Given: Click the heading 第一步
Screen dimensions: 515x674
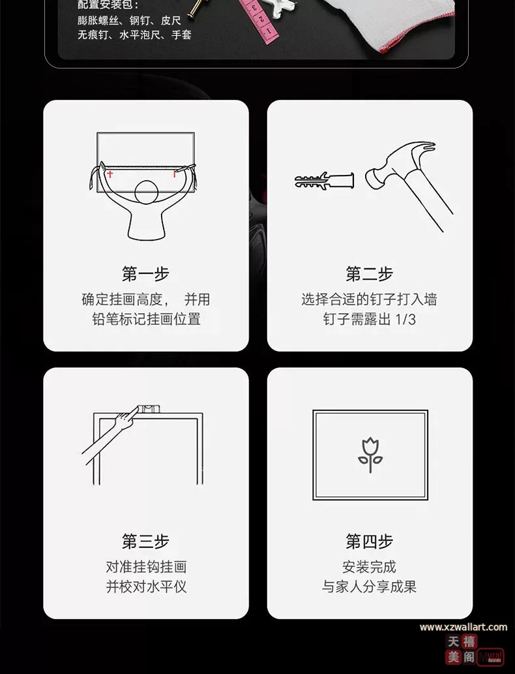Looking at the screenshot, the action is (x=145, y=274).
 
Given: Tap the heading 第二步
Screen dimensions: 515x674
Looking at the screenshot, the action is (x=370, y=274).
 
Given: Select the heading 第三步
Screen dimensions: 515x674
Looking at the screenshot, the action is (x=145, y=541).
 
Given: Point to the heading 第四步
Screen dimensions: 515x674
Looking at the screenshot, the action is (x=370, y=541).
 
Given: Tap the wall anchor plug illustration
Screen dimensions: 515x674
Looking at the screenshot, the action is (x=324, y=181).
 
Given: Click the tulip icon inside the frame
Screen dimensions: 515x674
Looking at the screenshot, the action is (x=370, y=455).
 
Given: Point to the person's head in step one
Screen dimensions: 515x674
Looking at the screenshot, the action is (x=147, y=192).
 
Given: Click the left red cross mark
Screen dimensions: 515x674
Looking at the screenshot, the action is (x=110, y=174).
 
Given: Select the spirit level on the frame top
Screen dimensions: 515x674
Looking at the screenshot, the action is (x=149, y=409).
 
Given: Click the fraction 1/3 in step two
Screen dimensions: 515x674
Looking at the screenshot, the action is (x=405, y=319).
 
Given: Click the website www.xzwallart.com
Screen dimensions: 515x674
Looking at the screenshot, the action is (x=463, y=627).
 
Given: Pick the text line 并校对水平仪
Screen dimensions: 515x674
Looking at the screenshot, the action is (x=146, y=587).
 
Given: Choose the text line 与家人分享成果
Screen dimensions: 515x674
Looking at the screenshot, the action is (x=370, y=587).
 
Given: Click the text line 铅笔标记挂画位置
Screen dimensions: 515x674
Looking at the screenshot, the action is (x=146, y=319).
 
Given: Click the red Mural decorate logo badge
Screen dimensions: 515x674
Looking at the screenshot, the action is (x=491, y=657).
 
